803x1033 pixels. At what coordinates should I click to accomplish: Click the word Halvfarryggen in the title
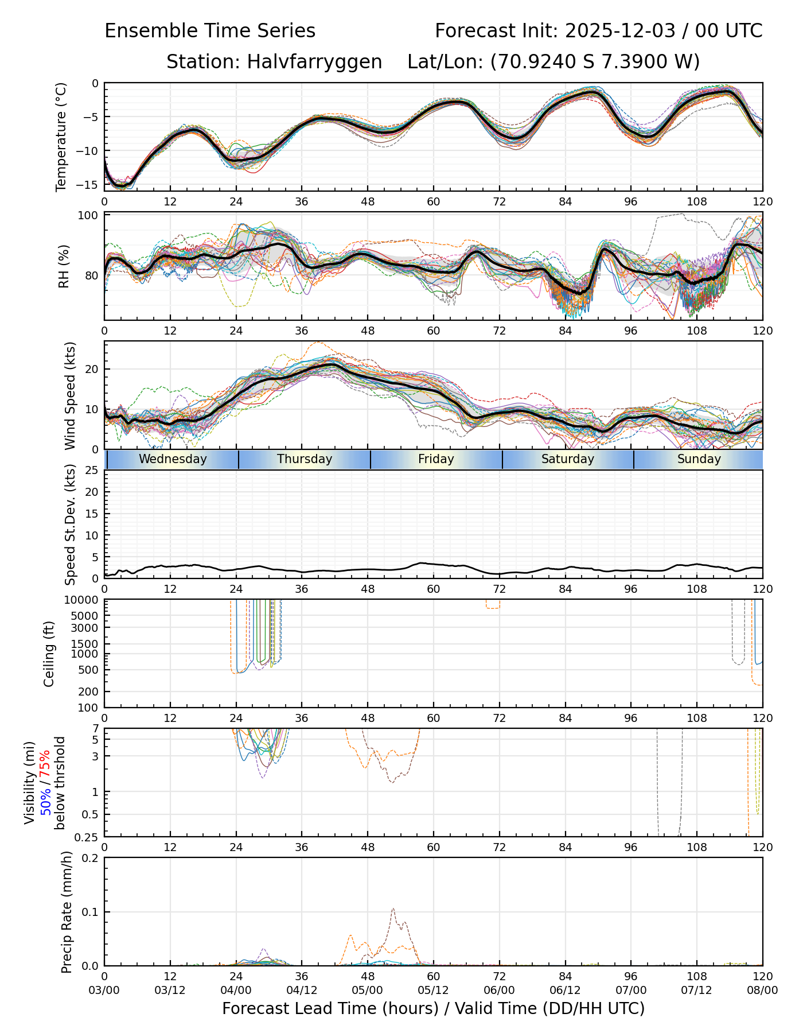pyautogui.click(x=314, y=61)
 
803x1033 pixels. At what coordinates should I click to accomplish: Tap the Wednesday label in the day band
pyautogui.click(x=173, y=459)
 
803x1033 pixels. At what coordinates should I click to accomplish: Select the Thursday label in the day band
pyautogui.click(x=305, y=459)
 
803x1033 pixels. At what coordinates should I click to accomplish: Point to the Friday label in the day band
pyautogui.click(x=436, y=459)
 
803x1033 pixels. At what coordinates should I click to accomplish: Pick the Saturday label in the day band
pyautogui.click(x=568, y=459)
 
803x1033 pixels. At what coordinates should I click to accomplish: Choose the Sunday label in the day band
pyautogui.click(x=699, y=459)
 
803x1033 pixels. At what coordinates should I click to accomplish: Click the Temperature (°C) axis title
pyautogui.click(x=61, y=137)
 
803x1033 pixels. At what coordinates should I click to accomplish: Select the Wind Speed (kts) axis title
pyautogui.click(x=70, y=395)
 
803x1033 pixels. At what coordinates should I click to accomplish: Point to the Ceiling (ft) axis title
pyautogui.click(x=49, y=654)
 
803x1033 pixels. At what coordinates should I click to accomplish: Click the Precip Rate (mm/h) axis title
pyautogui.click(x=67, y=912)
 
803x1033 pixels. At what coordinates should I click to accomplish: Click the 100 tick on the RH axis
pyautogui.click(x=88, y=216)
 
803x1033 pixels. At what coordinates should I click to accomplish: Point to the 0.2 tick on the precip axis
pyautogui.click(x=91, y=858)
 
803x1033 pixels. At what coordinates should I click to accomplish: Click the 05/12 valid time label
pyautogui.click(x=433, y=990)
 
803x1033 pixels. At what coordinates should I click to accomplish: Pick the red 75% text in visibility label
pyautogui.click(x=45, y=766)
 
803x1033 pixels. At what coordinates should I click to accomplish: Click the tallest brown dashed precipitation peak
pyautogui.click(x=393, y=908)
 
